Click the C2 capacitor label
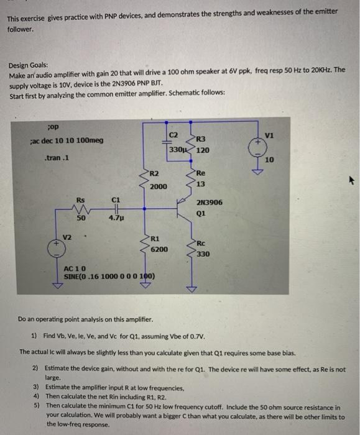pos(173,135)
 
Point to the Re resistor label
pos(200,173)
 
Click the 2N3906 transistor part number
pos(209,203)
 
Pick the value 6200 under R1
pos(159,248)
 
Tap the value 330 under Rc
pos(203,254)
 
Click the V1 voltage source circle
pos(256,147)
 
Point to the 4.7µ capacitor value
pos(116,218)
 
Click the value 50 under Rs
pos(81,218)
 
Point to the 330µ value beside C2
pos(178,150)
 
